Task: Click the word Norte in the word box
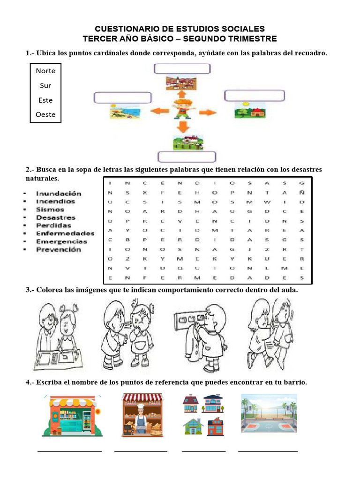pos(45,71)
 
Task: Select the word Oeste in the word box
pos(45,114)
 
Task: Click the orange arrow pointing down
pos(183,126)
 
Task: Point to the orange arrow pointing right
pos(208,112)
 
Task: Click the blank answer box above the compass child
pos(181,69)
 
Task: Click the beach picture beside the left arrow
pos(122,112)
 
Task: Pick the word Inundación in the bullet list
pos(59,193)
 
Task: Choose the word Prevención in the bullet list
pos(59,249)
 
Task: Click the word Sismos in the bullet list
pos(50,210)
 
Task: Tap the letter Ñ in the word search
pos(302,192)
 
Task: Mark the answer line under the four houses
pos(203,451)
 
